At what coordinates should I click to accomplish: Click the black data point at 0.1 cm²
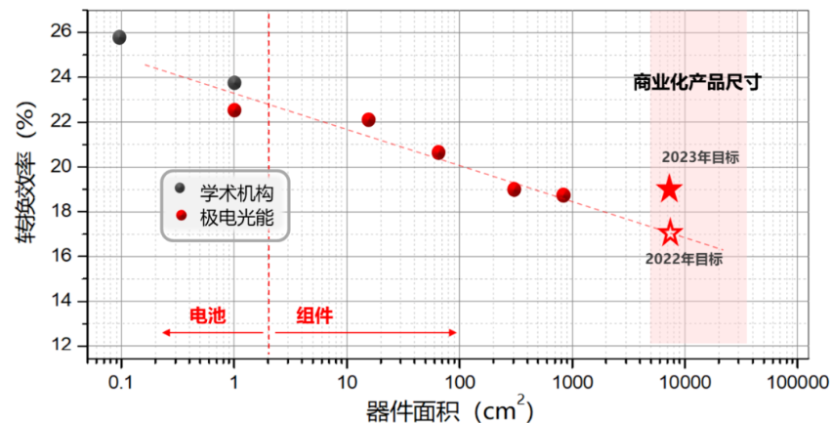119,37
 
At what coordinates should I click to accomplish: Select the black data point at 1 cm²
234,83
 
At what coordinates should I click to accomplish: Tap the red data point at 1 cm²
234,110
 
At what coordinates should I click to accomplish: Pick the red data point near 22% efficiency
368,120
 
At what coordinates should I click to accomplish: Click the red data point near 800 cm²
563,195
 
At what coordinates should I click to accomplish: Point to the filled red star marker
669,190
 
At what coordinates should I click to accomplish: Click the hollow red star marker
670,233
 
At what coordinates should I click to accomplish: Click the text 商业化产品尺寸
697,83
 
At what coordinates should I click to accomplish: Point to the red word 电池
206,315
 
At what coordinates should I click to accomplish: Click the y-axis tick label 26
60,31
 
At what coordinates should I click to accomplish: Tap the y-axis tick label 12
60,345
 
